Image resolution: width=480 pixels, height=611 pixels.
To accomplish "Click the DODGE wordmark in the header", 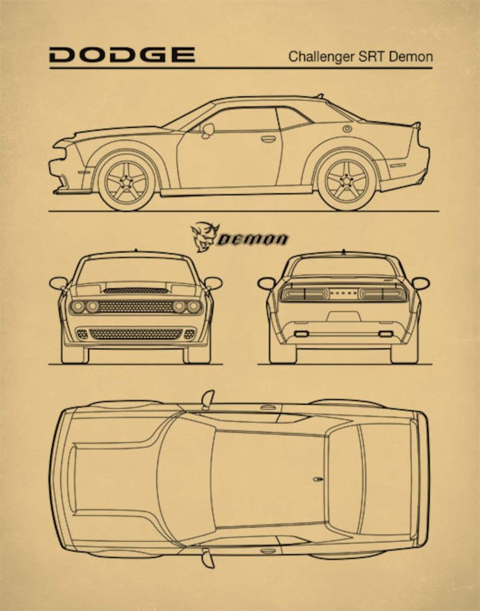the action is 122,55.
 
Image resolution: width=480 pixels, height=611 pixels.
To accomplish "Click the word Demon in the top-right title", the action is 413,57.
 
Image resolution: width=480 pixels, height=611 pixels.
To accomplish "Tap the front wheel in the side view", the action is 126,182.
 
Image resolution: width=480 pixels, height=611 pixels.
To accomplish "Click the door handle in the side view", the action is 268,138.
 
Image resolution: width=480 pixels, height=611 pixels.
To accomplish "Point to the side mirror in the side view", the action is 207,130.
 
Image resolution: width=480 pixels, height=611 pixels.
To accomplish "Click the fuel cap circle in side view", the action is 347,129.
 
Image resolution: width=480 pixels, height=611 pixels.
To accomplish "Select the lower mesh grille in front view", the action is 135,334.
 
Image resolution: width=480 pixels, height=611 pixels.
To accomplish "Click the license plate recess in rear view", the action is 343,316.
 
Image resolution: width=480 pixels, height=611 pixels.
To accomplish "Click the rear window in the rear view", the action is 343,266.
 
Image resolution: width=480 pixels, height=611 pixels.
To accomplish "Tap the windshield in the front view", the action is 135,270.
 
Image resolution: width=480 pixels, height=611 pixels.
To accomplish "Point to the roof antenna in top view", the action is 318,478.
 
